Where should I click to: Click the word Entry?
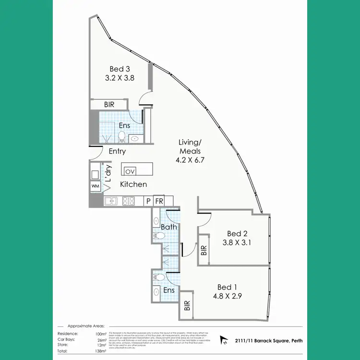(117, 151)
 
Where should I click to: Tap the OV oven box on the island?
(130, 171)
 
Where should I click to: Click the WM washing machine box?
(95, 186)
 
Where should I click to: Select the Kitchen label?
(133, 184)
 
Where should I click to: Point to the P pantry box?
(149, 201)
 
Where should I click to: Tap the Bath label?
(168, 227)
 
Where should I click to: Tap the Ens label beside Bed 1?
(168, 290)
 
